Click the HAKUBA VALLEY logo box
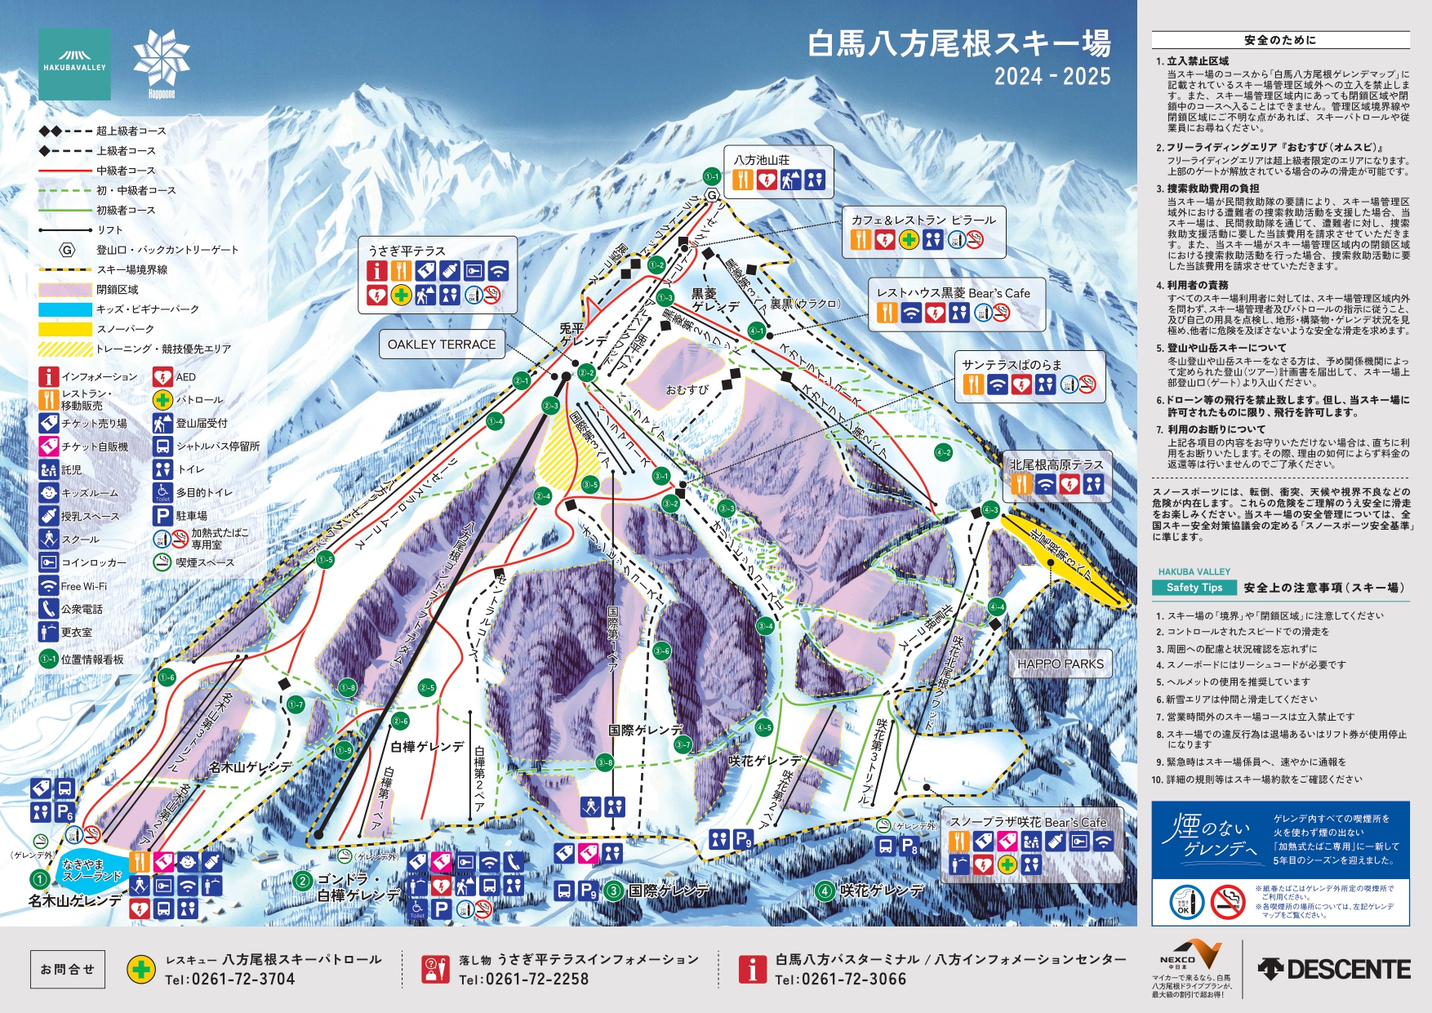click(74, 64)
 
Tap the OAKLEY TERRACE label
click(441, 344)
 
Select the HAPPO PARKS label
click(1060, 664)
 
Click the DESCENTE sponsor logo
click(1334, 969)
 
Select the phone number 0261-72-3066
click(840, 979)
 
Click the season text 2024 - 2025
click(1052, 77)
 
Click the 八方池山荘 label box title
click(761, 160)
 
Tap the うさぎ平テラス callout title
click(407, 251)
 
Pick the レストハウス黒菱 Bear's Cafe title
click(953, 293)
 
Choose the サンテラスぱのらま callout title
click(1012, 364)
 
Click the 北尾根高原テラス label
click(1056, 464)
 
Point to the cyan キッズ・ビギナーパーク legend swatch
click(65, 309)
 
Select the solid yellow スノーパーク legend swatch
click(65, 329)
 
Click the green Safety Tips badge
click(1194, 588)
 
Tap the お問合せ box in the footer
click(68, 969)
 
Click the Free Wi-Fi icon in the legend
click(48, 586)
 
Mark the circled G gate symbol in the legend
click(66, 250)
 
